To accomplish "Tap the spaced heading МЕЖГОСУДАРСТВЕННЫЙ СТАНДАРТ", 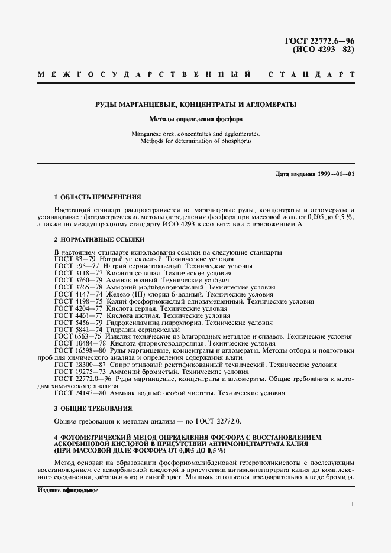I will tap(195, 76).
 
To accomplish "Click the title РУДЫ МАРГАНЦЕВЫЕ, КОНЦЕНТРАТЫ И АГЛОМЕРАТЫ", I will tap(195, 105).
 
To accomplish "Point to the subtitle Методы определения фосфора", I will tap(195, 118).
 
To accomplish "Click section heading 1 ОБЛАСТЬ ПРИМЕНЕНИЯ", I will tap(98, 196).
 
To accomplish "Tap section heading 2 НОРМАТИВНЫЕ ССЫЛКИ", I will tap(99, 239).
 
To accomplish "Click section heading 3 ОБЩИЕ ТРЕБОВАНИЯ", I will tap(93, 408).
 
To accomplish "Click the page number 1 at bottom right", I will tap(352, 504).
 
